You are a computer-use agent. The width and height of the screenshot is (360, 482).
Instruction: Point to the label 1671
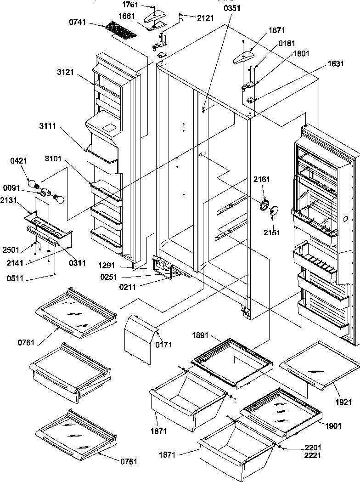(x=277, y=31)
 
